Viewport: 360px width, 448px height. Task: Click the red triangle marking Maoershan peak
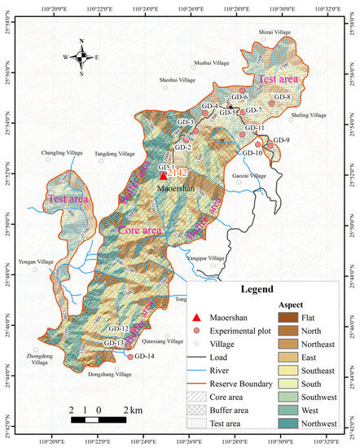(x=163, y=174)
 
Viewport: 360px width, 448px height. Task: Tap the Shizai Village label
(x=274, y=32)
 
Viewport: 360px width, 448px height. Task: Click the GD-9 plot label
(x=282, y=140)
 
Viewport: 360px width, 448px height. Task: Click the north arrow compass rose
(x=81, y=56)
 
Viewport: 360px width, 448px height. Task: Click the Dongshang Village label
(x=110, y=375)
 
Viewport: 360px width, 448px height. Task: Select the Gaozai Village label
(x=249, y=176)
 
